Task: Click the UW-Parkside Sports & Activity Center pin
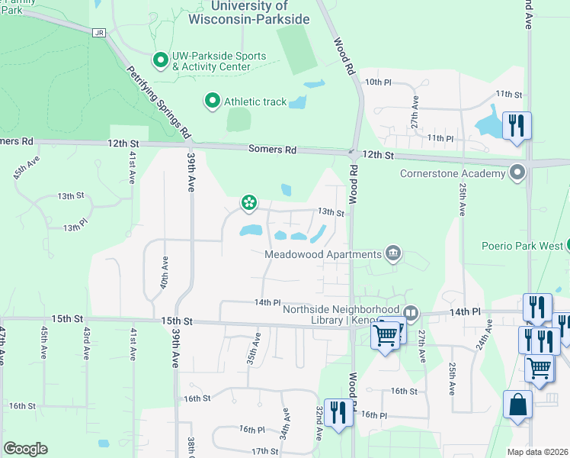pyautogui.click(x=160, y=59)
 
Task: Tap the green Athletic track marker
pyautogui.click(x=211, y=100)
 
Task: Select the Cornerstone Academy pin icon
pyautogui.click(x=518, y=173)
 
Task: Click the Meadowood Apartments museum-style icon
pyautogui.click(x=392, y=253)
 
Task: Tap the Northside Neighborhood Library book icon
pyautogui.click(x=411, y=312)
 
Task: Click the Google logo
pyautogui.click(x=25, y=449)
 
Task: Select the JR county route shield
pyautogui.click(x=98, y=32)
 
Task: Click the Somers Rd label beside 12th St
pyautogui.click(x=272, y=150)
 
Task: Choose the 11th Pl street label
pyautogui.click(x=440, y=138)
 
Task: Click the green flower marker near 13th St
pyautogui.click(x=248, y=202)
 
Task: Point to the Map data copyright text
pyautogui.click(x=537, y=452)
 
